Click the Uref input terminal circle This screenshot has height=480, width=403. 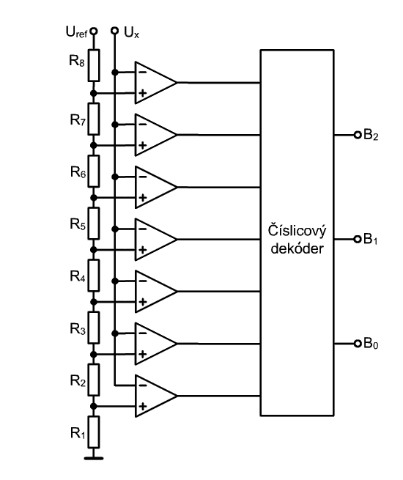94,31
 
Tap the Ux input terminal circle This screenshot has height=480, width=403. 115,31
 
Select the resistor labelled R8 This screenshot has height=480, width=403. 94,65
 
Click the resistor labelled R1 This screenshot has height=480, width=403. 94,432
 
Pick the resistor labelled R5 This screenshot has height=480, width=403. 94,224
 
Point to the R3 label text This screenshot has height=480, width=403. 78,329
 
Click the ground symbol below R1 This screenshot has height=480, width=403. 94,458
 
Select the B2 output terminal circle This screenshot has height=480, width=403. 358,135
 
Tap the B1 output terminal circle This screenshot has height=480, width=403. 358,239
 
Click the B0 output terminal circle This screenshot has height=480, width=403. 358,344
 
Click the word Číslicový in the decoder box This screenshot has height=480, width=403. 297,231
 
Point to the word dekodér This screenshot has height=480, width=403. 297,248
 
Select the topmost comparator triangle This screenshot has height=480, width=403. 156,83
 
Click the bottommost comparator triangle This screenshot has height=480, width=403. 156,396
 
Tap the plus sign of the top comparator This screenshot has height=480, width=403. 143,93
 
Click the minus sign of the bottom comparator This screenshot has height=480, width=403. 143,385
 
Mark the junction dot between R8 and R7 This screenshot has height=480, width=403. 94,93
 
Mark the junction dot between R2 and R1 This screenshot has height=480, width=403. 94,406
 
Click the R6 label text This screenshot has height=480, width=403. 78,172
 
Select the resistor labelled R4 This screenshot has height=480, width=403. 94,276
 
